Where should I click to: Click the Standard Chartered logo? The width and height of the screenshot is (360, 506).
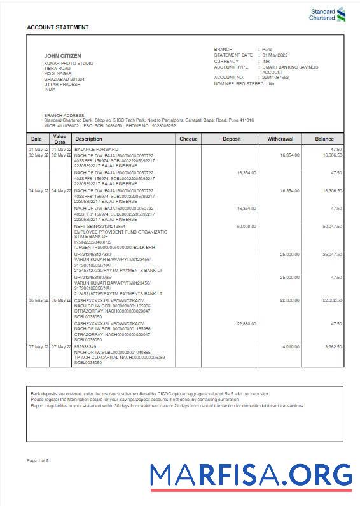point(328,14)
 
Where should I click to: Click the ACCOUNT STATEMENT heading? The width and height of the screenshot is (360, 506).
point(58,27)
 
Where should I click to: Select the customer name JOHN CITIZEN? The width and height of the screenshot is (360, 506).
point(62,56)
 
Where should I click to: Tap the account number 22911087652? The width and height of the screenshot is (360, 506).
point(275,77)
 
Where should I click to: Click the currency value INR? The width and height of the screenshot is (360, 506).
point(267,61)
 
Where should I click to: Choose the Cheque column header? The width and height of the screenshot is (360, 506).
point(188,139)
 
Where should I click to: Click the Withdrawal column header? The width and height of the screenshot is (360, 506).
point(280,139)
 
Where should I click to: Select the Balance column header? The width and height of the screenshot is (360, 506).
point(324,139)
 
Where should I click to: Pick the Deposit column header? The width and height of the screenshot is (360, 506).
point(232,139)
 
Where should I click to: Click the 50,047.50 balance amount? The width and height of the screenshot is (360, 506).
point(332,226)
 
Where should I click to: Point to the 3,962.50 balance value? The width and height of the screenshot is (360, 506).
point(333,346)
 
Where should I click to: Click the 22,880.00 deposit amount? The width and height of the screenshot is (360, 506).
point(246,323)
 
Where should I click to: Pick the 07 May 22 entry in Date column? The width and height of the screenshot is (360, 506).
point(38,346)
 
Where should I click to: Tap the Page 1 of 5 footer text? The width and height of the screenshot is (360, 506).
point(38,460)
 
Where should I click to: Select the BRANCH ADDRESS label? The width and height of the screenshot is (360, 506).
point(61,115)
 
